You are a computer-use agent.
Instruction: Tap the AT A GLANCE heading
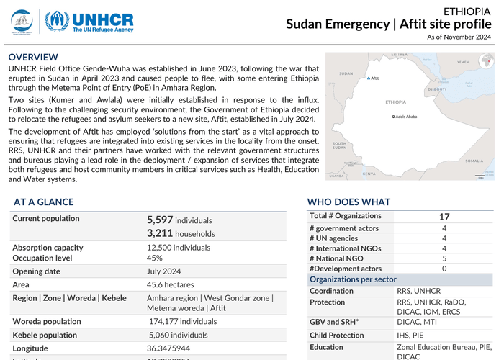pyautogui.click(x=45, y=202)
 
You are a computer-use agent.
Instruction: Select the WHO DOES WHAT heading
pyautogui.click(x=348, y=202)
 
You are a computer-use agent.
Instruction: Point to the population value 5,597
pyautogui.click(x=159, y=220)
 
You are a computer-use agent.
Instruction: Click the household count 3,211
pyautogui.click(x=159, y=233)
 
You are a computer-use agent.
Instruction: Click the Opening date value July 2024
pyautogui.click(x=163, y=271)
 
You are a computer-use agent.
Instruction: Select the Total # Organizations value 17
pyautogui.click(x=444, y=216)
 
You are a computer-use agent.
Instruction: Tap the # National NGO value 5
pyautogui.click(x=444, y=258)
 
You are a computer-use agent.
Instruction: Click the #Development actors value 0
pyautogui.click(x=444, y=269)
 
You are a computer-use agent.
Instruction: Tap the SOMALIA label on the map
pyautogui.click(x=474, y=161)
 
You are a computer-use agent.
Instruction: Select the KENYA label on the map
pyautogui.click(x=369, y=174)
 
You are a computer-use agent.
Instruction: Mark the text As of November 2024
pyautogui.click(x=459, y=37)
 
